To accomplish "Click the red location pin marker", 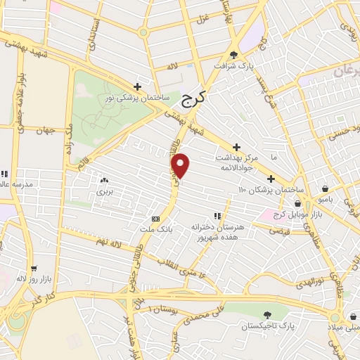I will click(x=181, y=166).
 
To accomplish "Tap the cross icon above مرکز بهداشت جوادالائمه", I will click(x=236, y=147).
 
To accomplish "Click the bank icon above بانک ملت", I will click(x=156, y=219).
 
